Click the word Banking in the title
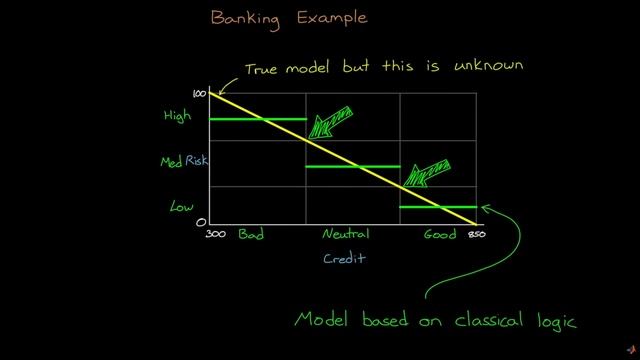[246, 18]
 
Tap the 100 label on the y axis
[199, 93]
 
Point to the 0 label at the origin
[201, 222]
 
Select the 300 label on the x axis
[215, 235]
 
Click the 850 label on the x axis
[476, 235]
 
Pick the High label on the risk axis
[177, 116]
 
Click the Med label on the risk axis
[171, 162]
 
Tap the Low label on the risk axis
[181, 207]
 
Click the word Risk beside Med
[196, 162]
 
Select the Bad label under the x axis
[250, 235]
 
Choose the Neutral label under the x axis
[345, 235]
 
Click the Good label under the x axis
[439, 235]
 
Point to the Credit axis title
[344, 258]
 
